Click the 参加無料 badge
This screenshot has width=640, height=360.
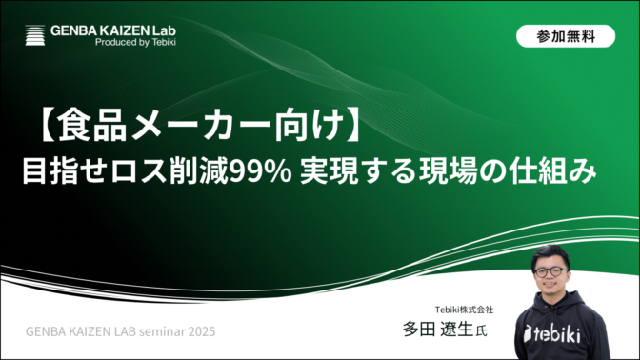566,36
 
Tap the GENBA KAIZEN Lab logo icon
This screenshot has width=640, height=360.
35,36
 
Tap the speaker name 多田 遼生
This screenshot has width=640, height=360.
437,330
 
